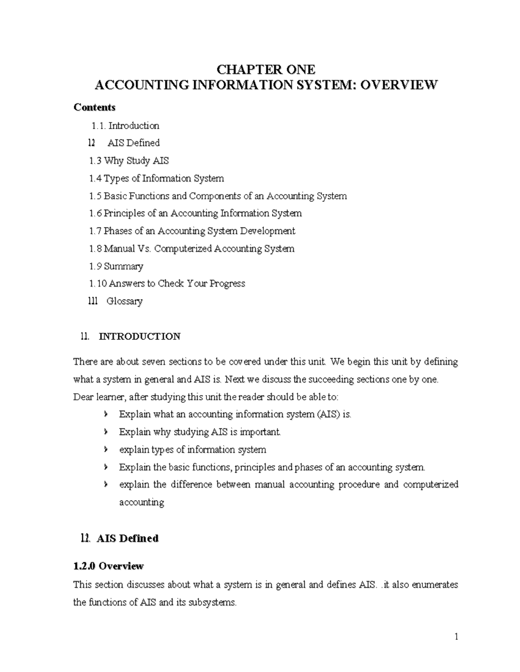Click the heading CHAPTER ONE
tap(266, 69)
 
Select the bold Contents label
tap(94, 107)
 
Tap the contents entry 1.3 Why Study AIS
tap(129, 161)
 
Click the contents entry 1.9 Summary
tap(116, 266)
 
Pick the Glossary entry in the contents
tap(124, 301)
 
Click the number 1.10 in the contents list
tap(97, 283)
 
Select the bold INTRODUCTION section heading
tap(140, 336)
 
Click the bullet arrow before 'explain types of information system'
tap(106, 450)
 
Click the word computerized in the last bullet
tap(430, 485)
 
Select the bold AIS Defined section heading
tap(127, 538)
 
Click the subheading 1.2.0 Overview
tap(108, 566)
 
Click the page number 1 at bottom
tap(456, 637)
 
